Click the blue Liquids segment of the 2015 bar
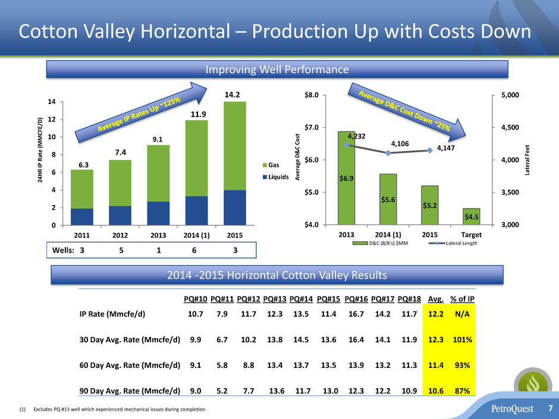coord(234,207)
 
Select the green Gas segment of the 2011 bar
coord(81,189)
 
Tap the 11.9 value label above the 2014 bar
coord(196,114)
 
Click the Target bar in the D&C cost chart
coord(471,216)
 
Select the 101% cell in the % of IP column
coord(458,342)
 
